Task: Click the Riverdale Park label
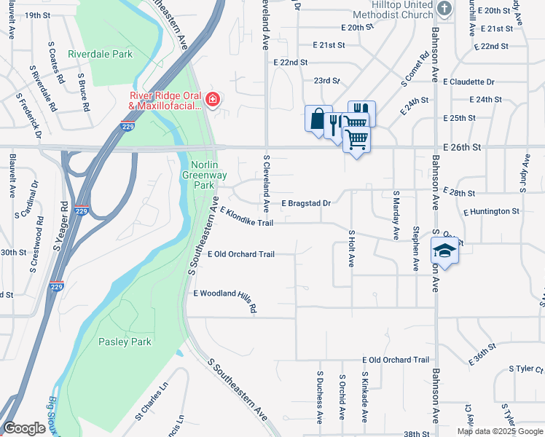pyautogui.click(x=101, y=54)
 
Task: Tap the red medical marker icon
pyautogui.click(x=213, y=100)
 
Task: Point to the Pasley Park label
pyautogui.click(x=125, y=342)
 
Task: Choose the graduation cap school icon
pyautogui.click(x=444, y=251)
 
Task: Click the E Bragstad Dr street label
pyautogui.click(x=306, y=203)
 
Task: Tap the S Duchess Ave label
pyautogui.click(x=319, y=398)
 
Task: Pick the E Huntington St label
pyautogui.click(x=491, y=211)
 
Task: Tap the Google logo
pyautogui.click(x=25, y=428)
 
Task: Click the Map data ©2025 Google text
pyautogui.click(x=501, y=431)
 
